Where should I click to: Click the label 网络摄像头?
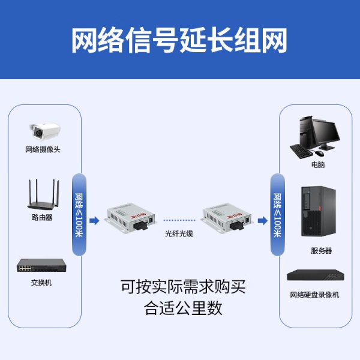(43, 149)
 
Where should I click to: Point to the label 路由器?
(42, 218)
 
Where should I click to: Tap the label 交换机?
(41, 283)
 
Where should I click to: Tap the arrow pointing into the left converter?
(94, 221)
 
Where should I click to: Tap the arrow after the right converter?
(262, 221)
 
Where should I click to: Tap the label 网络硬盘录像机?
(314, 295)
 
